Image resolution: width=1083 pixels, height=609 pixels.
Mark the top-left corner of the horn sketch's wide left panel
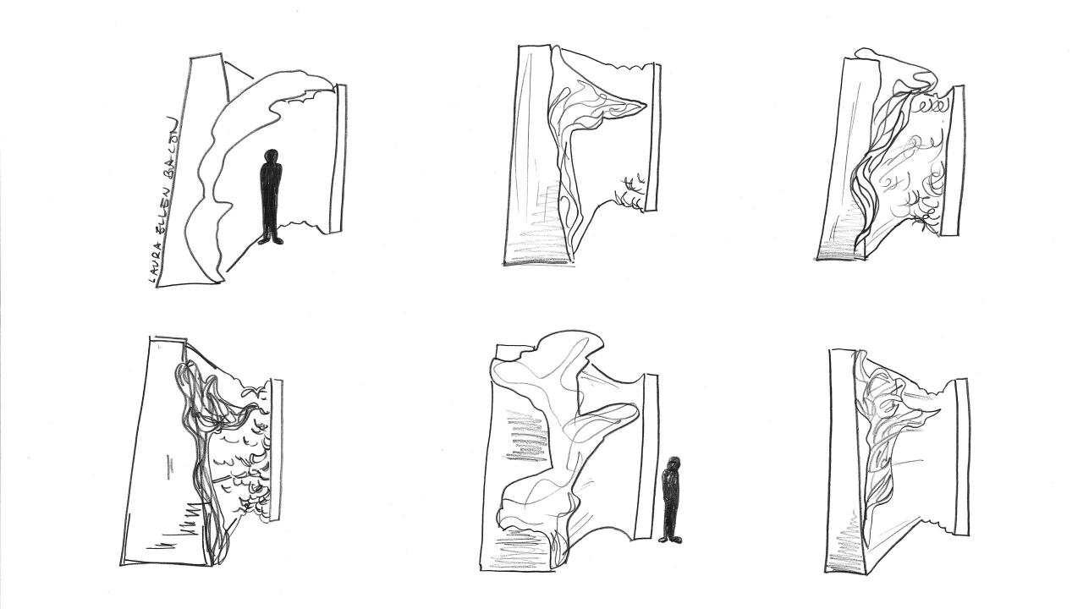(520, 47)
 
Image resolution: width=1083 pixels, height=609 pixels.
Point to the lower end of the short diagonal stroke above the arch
(252, 78)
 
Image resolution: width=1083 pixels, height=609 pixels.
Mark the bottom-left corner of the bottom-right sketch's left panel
(825, 573)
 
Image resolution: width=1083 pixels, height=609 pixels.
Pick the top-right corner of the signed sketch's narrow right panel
(346, 85)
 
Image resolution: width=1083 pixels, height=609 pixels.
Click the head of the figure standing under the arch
(272, 156)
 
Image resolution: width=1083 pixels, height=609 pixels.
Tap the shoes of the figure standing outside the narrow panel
(671, 539)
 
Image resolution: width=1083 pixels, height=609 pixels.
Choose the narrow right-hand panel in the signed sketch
(339, 157)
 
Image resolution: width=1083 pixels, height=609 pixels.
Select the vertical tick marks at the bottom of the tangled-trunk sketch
(178, 523)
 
